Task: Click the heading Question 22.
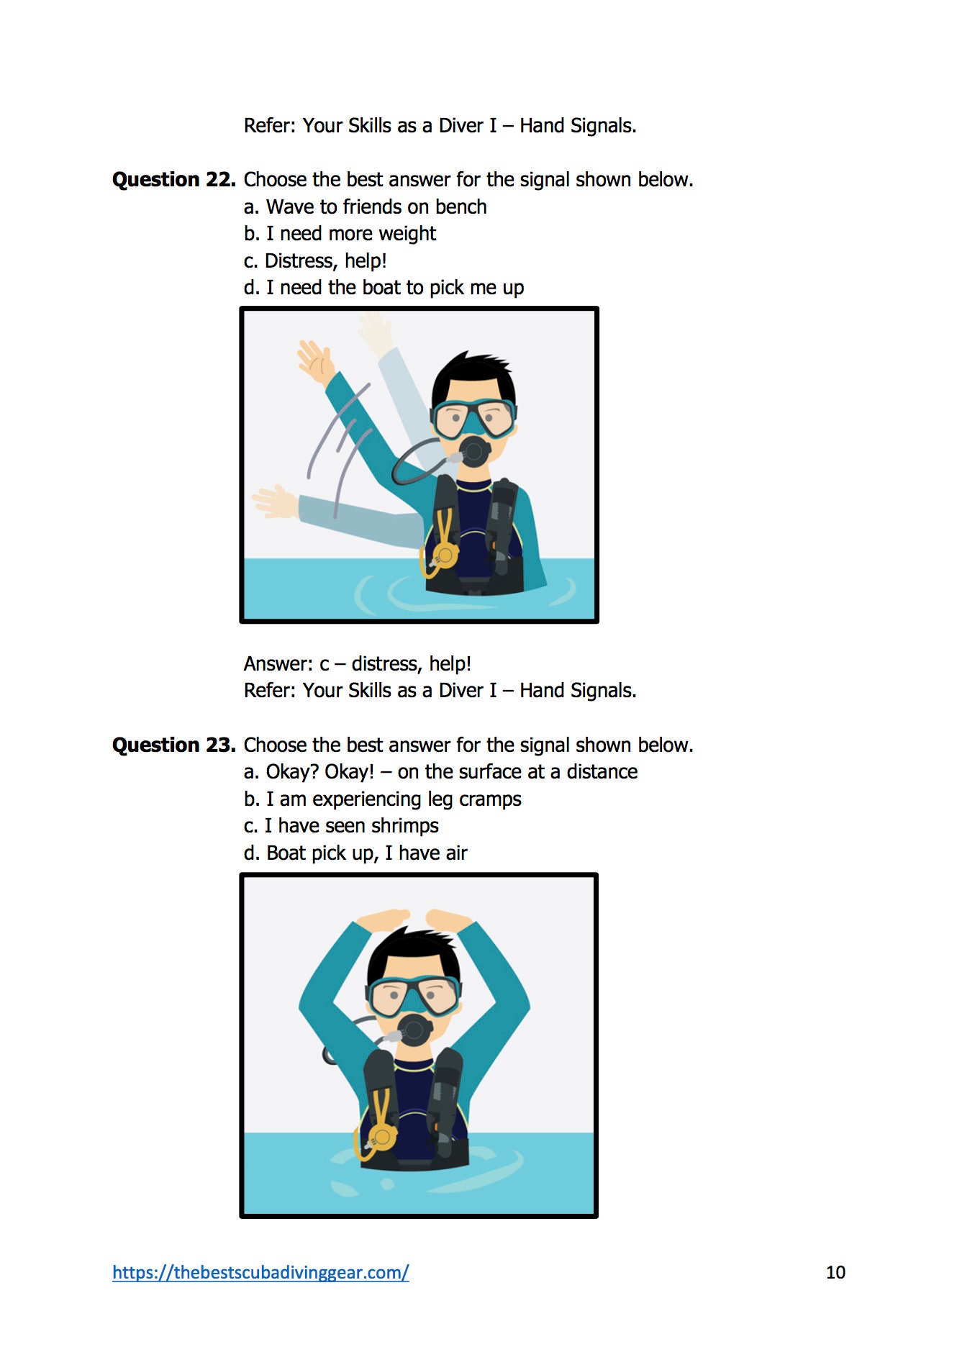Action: pos(173,179)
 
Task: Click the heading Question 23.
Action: pos(173,745)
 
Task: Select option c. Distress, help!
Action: pos(315,260)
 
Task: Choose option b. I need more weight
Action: pos(340,234)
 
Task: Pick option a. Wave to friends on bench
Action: pos(365,207)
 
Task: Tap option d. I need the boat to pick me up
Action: pos(384,288)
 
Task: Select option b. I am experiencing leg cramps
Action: pos(382,799)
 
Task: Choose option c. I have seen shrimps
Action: pos(341,826)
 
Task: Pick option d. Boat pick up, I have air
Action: pos(355,853)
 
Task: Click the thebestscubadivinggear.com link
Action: pos(260,1272)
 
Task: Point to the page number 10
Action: pos(835,1272)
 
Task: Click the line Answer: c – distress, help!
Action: pos(357,663)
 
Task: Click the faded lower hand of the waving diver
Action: pos(274,501)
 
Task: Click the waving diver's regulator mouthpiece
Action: pos(474,452)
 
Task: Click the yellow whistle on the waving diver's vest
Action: pos(443,555)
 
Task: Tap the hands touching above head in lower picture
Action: pos(414,919)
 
